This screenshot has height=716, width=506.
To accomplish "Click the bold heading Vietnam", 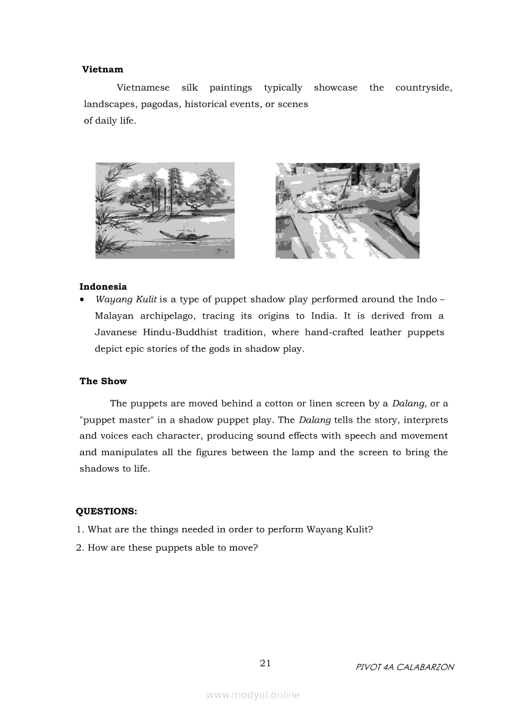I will [x=102, y=70].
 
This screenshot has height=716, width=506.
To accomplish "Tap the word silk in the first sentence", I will [x=189, y=88].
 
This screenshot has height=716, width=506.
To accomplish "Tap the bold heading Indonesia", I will [x=103, y=287].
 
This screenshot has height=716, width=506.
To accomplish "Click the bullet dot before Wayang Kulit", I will [x=82, y=300].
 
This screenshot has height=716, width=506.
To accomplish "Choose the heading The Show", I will [x=103, y=381].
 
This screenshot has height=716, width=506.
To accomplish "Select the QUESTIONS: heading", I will [x=106, y=511].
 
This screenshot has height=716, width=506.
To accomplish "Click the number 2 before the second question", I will [x=79, y=548].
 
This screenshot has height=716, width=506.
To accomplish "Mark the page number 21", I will [x=265, y=663].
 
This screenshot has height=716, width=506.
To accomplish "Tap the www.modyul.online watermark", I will [x=253, y=695].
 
